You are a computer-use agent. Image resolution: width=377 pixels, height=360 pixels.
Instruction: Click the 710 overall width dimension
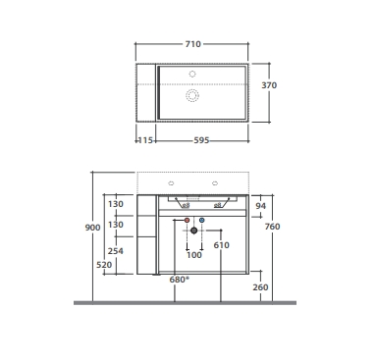pyautogui.click(x=192, y=44)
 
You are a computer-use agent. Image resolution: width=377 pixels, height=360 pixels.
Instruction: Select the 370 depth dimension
pyautogui.click(x=269, y=85)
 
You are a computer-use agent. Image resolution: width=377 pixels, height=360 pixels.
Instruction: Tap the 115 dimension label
pyautogui.click(x=145, y=140)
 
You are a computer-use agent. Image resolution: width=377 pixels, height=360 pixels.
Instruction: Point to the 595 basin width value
pyautogui.click(x=201, y=140)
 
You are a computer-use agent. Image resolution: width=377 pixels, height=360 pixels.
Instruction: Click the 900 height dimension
pyautogui.click(x=92, y=228)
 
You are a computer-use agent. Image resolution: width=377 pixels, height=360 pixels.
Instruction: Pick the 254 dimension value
pyautogui.click(x=116, y=251)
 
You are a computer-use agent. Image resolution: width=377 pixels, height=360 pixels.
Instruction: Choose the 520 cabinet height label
pyautogui.click(x=104, y=265)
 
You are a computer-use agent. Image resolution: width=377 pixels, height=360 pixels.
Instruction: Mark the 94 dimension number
pyautogui.click(x=260, y=206)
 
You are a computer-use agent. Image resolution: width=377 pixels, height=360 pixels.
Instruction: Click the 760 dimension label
pyautogui.click(x=272, y=227)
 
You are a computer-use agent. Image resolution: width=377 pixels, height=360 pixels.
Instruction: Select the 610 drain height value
pyautogui.click(x=221, y=245)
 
